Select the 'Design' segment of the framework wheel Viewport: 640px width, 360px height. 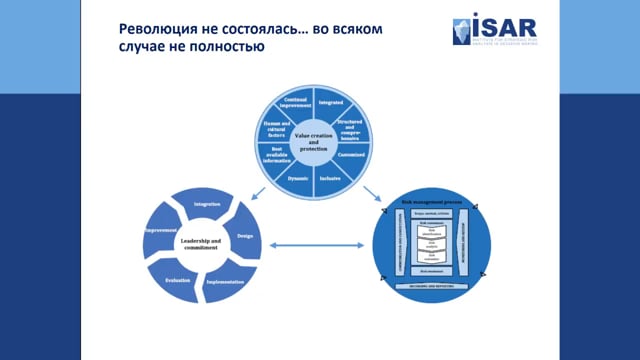pyautogui.click(x=243, y=237)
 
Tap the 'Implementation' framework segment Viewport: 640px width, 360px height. pyautogui.click(x=223, y=283)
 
